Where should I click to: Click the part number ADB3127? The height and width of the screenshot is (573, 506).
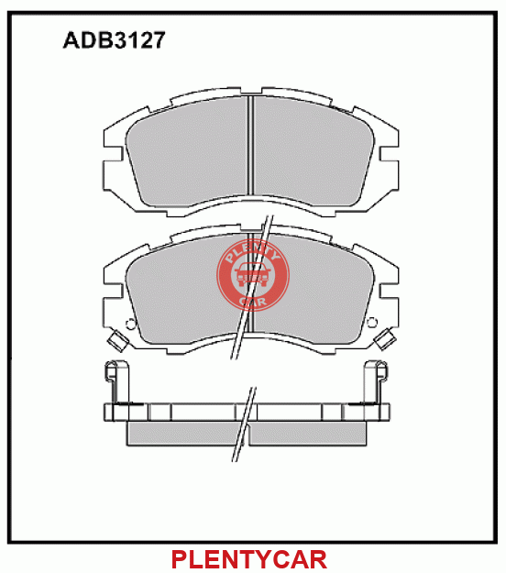click(114, 39)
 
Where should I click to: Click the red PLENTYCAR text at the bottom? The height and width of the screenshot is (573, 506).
click(249, 559)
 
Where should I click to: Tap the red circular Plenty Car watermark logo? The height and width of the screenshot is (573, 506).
click(253, 275)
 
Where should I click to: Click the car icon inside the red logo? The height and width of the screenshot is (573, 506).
click(253, 275)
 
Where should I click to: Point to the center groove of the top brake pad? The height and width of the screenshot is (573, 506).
click(250, 145)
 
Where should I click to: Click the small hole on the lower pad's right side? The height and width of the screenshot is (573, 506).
click(372, 323)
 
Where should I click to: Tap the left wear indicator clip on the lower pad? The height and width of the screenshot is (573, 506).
click(117, 340)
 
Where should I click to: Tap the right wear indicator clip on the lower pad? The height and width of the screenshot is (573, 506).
click(385, 339)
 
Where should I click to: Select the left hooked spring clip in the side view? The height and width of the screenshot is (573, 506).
click(116, 382)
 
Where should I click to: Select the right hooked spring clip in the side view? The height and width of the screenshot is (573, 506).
click(376, 382)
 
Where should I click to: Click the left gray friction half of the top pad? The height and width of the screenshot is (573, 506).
click(187, 153)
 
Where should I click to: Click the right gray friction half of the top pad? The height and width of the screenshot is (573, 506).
click(313, 153)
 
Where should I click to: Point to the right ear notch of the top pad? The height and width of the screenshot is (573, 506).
click(389, 153)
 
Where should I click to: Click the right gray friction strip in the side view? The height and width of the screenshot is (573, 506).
click(308, 434)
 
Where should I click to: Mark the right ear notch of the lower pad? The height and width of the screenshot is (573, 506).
click(389, 291)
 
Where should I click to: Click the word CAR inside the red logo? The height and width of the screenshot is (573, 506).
click(253, 302)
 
